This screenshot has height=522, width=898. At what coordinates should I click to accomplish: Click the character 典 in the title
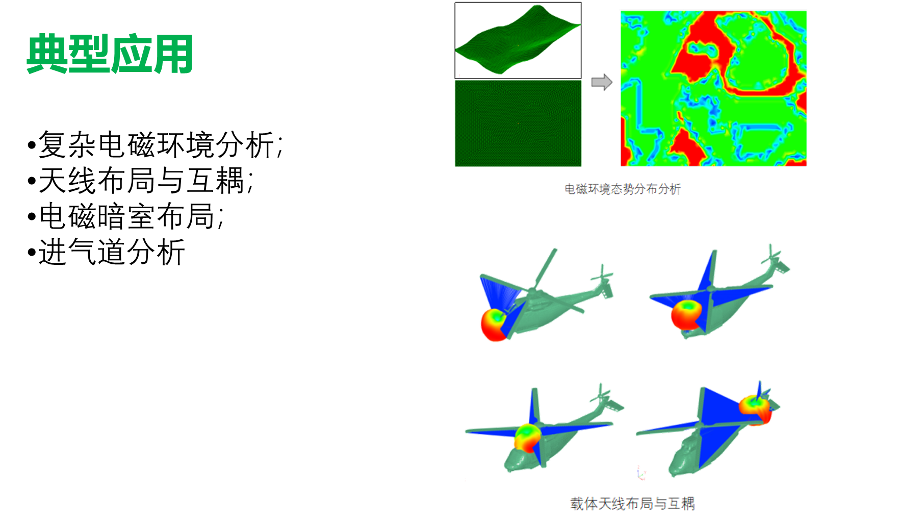coord(46,54)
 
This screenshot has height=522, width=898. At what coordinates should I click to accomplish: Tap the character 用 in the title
coord(173,54)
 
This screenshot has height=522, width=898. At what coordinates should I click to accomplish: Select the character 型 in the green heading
coord(89,54)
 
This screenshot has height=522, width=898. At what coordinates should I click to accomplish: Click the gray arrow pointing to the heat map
coord(602,82)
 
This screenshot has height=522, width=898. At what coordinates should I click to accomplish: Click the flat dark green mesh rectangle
coord(518,123)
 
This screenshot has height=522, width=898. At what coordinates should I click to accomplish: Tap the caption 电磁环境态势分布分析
coord(623,189)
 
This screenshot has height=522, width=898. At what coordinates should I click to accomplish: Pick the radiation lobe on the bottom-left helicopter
coord(527,437)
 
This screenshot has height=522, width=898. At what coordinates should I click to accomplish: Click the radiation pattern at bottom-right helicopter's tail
coord(755,409)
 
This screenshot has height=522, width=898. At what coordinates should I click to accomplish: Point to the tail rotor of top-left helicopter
coord(602,276)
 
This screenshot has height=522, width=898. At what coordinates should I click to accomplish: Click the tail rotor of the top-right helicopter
coord(772,255)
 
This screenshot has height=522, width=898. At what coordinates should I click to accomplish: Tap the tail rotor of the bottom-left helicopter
coord(605,396)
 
